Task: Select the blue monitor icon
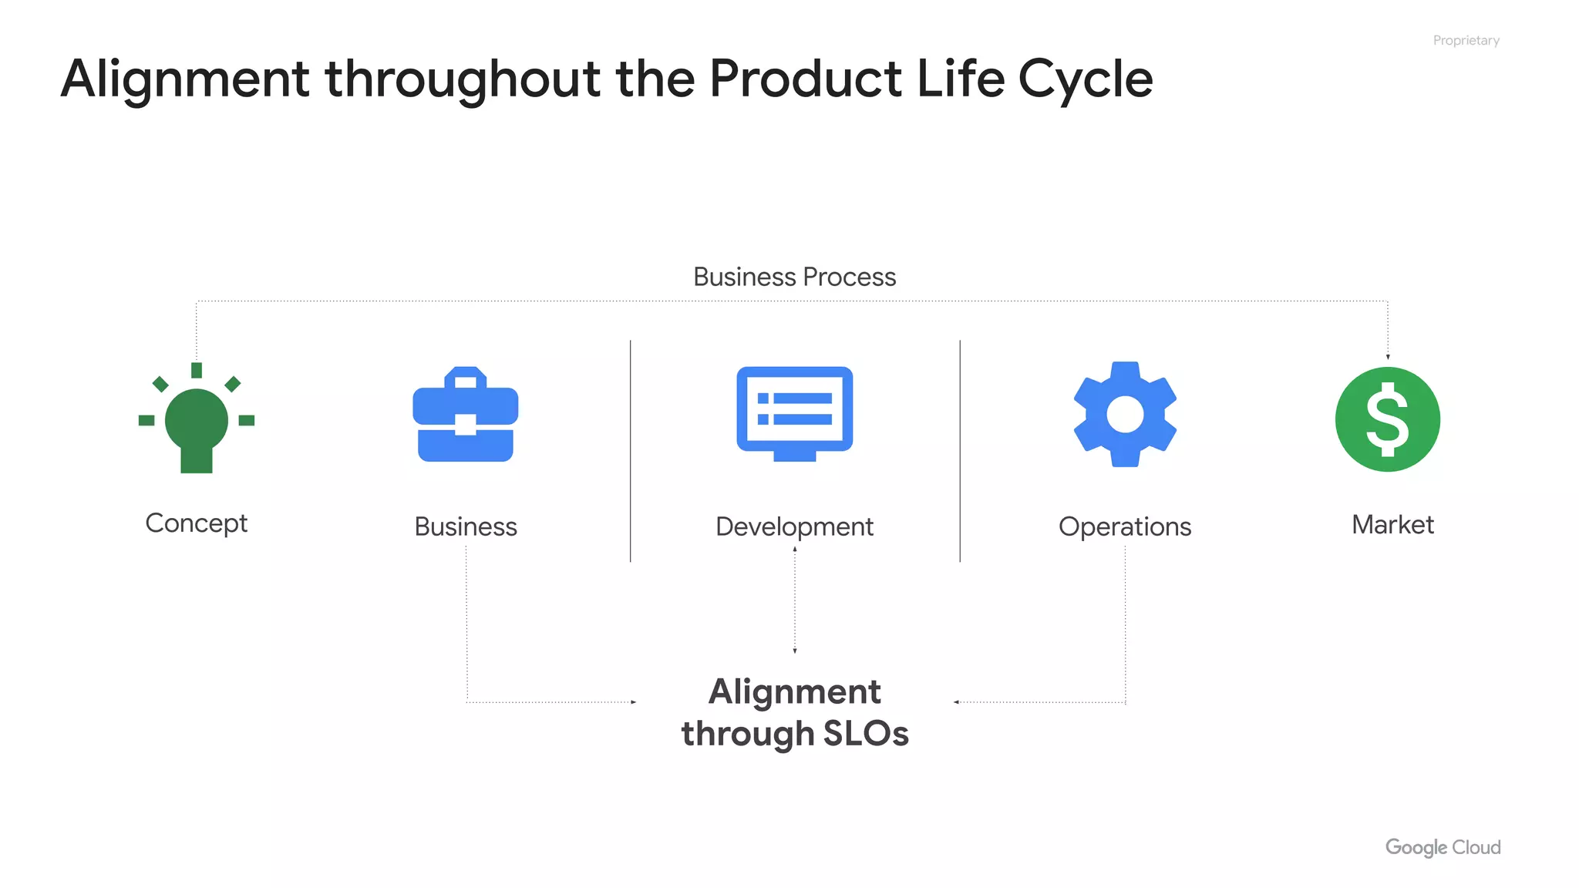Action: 794,413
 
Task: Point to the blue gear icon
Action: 1125,415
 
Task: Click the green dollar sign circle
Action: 1387,419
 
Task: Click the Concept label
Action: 197,523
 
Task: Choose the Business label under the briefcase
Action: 466,526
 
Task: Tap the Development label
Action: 794,526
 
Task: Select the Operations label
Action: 1125,526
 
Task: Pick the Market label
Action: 1392,525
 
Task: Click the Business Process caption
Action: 794,277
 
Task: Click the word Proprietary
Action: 1466,40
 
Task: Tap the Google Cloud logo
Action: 1443,847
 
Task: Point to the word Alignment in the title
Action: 185,79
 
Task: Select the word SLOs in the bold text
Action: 866,733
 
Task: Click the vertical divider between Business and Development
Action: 630,451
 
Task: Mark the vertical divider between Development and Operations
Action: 960,451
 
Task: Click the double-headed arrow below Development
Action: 795,600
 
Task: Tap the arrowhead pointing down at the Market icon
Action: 1388,356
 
